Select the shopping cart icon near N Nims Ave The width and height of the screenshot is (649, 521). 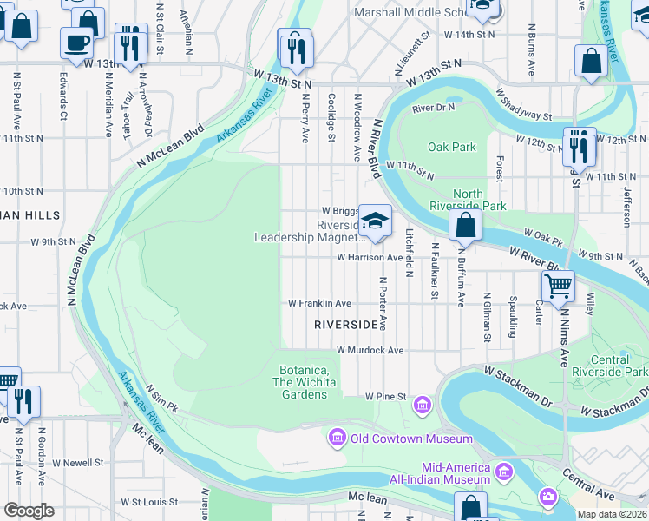558,284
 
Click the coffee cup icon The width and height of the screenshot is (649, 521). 76,41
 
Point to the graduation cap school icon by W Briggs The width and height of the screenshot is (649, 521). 375,221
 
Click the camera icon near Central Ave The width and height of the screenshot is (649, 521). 547,497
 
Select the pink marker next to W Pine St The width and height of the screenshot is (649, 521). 423,405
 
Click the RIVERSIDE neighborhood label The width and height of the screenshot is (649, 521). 347,324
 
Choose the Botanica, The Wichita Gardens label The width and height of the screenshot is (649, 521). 304,382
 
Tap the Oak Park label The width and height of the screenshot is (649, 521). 452,147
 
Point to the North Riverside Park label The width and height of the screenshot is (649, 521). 468,200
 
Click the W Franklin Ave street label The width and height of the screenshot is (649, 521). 319,303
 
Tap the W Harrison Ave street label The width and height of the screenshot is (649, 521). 370,257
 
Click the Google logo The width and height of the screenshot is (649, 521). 29,511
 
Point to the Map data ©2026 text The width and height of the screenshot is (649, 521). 612,514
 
